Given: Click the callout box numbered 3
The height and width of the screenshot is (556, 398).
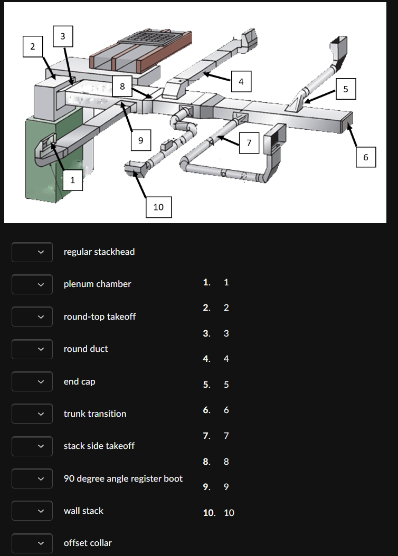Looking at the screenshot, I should [x=63, y=36].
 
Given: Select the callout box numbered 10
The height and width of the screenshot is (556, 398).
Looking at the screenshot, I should [x=158, y=207].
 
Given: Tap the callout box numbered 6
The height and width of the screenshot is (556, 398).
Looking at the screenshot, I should [x=365, y=157].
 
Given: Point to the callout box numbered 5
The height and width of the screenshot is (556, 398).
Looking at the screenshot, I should [x=346, y=89].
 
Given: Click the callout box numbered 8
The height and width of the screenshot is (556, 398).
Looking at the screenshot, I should [x=122, y=87].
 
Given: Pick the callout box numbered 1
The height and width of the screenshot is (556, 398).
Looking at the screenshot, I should [x=72, y=180].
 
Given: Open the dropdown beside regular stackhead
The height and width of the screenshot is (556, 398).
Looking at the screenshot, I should [x=32, y=252].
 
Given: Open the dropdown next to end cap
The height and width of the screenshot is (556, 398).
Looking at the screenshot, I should [x=32, y=381].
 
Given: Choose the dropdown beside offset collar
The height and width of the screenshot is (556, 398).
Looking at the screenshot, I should [x=32, y=543].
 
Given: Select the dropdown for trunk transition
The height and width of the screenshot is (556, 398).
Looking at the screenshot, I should [x=32, y=414].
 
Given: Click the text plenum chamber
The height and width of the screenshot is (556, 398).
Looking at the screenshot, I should [x=97, y=284].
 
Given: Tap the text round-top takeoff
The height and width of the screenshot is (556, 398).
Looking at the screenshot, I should [x=99, y=317].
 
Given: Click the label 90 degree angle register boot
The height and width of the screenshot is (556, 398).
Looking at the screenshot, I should [x=123, y=478].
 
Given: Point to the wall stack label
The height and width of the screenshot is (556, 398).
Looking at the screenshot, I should [x=83, y=511].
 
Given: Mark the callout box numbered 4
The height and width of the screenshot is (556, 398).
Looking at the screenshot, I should [x=241, y=81].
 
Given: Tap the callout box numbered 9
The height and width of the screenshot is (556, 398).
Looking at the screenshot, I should [x=140, y=140].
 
